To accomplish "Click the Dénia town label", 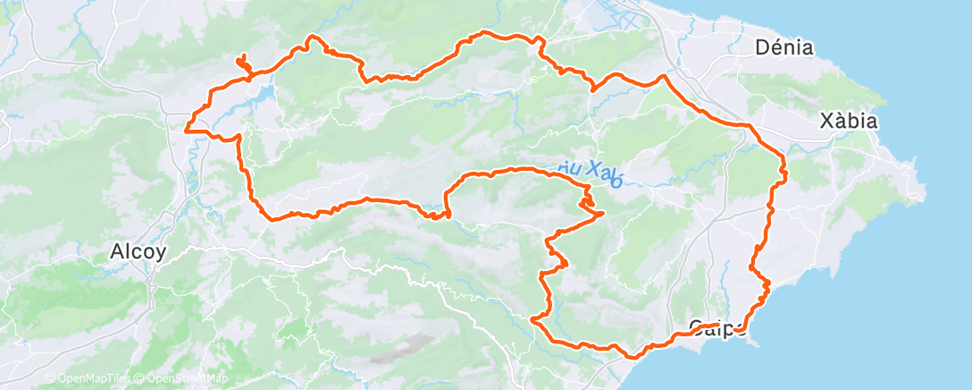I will point(783,47).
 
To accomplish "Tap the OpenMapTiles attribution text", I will point(86,379).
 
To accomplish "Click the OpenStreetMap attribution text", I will point(182,379).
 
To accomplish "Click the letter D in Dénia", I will point(761,47).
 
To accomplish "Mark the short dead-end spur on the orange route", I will point(241,62).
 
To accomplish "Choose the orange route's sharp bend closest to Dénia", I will point(663,77).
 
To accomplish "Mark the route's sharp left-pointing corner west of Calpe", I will point(532,318).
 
